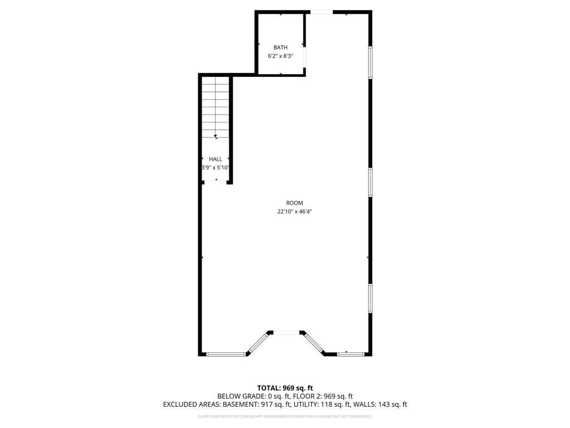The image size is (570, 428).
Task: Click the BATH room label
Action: pos(280,47)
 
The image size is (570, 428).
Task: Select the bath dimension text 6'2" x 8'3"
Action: pos(280,56)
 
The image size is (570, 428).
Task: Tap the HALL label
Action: pos(215,159)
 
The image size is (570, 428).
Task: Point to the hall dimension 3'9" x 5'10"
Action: pos(215,168)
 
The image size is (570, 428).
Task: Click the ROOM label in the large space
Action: pos(294,203)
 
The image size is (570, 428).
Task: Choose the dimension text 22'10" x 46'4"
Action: pos(294,212)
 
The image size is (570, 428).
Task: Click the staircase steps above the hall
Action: pos(215,106)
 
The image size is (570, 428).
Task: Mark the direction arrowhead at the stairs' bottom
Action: pos(215,135)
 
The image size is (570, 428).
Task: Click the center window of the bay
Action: pos(286,333)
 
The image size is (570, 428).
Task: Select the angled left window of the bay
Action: pos(257,343)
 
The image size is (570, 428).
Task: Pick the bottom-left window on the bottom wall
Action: pos(226,353)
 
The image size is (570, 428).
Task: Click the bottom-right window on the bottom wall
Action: pos(351,353)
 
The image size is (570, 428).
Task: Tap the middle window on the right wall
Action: pos(370,182)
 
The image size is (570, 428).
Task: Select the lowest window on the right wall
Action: pos(370,299)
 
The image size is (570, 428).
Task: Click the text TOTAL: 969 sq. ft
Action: pos(285,388)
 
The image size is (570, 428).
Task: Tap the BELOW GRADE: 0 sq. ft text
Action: pos(249,396)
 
